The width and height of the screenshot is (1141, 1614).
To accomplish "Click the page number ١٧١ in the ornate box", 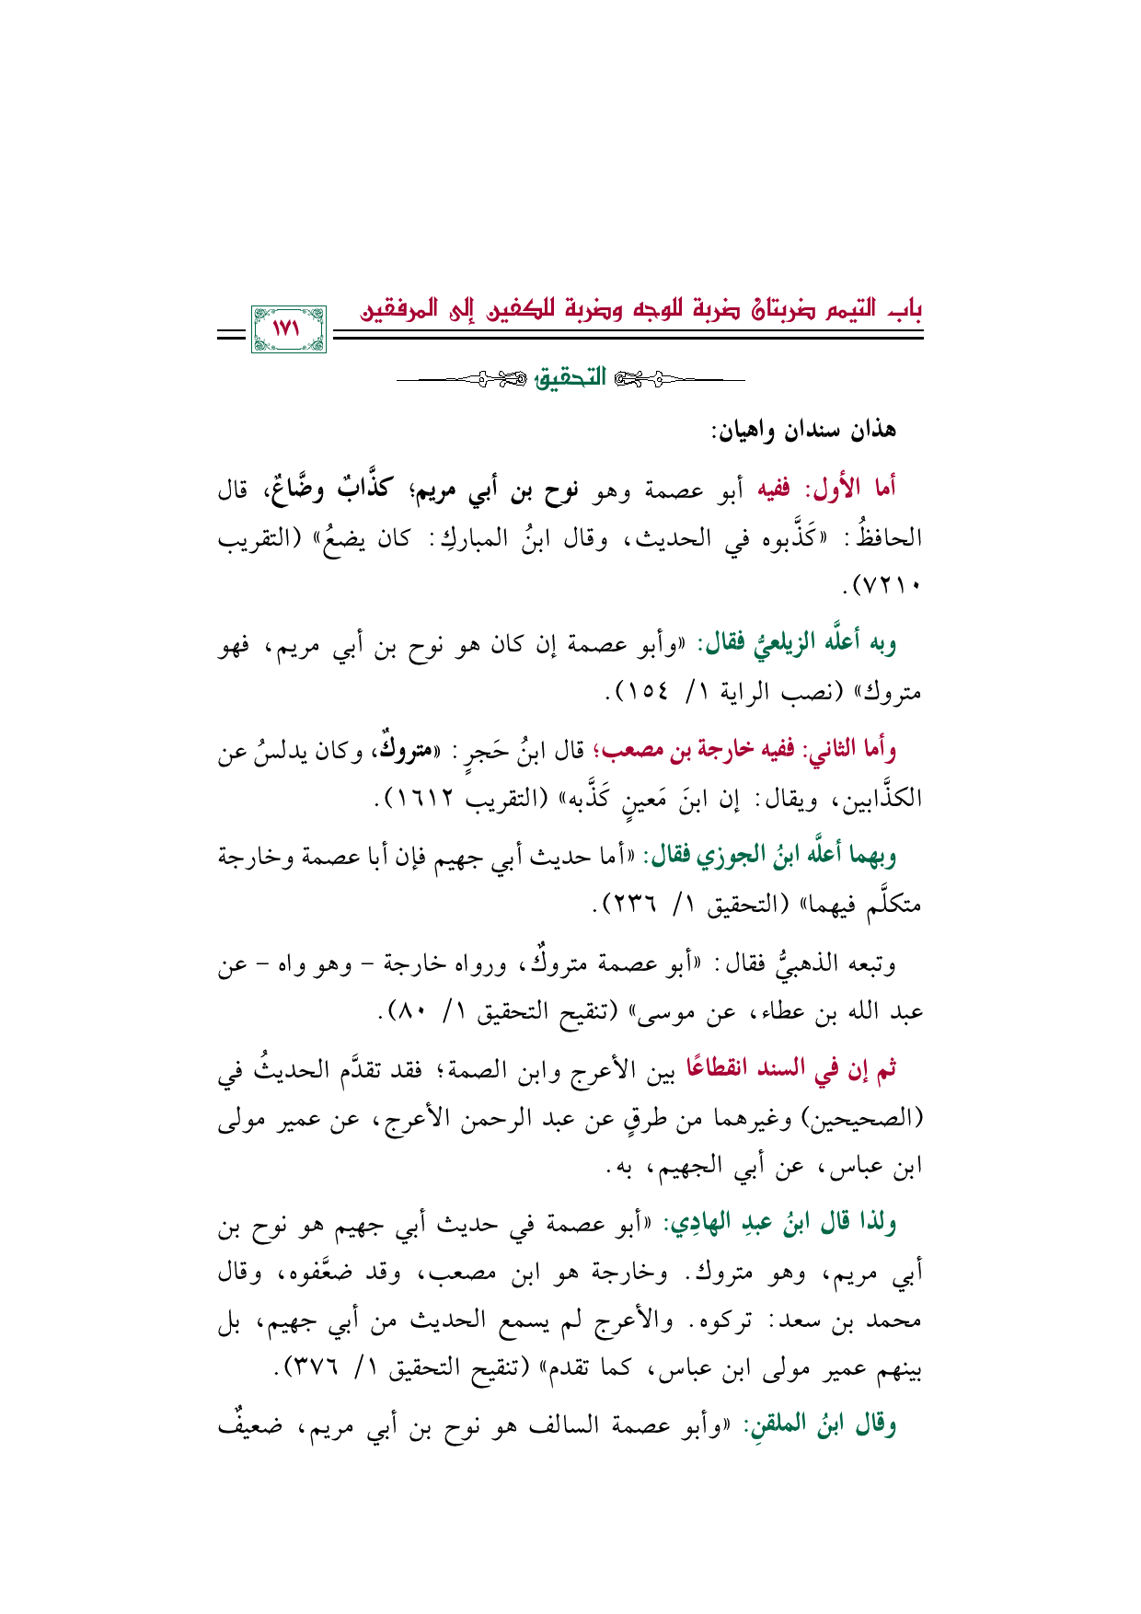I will pos(288,328).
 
